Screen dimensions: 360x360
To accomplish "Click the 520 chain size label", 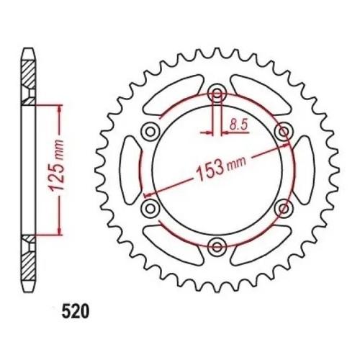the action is (x=76, y=312).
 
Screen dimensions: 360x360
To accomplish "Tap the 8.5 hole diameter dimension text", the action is (x=238, y=125).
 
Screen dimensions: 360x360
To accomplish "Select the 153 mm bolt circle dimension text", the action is (x=221, y=168).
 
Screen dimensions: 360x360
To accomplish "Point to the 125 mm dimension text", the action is (x=57, y=165).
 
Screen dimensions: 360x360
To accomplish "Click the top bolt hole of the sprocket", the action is (x=217, y=93).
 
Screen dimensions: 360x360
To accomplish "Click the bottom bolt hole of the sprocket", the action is (x=217, y=246).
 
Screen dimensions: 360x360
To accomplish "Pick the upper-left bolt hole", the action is (x=150, y=131).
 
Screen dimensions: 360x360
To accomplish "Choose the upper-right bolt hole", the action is (x=284, y=131).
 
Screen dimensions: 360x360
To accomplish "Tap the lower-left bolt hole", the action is (x=150, y=208).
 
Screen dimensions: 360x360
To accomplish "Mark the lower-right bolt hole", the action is (x=284, y=208).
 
